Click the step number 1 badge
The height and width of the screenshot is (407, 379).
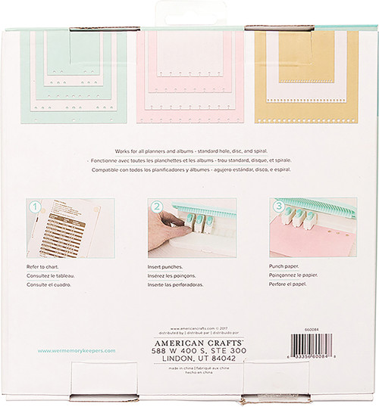click(35, 207)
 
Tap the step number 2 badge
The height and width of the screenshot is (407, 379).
click(156, 207)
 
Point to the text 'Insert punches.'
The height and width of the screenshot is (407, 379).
click(167, 268)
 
